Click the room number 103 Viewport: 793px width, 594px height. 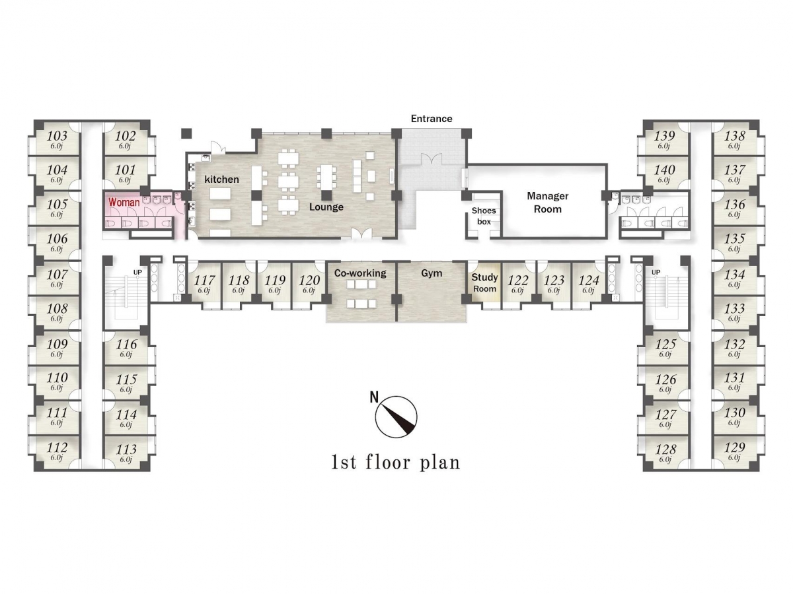click(x=57, y=135)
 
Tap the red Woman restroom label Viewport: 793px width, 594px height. click(x=124, y=203)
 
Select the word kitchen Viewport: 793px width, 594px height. click(x=221, y=180)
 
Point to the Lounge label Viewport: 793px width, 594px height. click(x=326, y=207)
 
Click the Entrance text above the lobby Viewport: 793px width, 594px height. click(x=432, y=119)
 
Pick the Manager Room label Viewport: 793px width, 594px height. click(x=547, y=203)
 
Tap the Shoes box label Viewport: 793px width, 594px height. click(x=484, y=216)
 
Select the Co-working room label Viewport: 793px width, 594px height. click(x=360, y=273)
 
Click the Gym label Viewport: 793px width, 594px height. click(x=432, y=273)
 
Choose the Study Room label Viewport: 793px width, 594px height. click(x=484, y=282)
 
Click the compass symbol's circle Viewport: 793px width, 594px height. click(x=396, y=417)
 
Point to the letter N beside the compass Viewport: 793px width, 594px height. click(x=374, y=397)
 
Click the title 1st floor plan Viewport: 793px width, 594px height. click(x=396, y=463)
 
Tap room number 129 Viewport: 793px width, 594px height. click(x=734, y=447)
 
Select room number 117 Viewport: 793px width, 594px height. click(x=204, y=280)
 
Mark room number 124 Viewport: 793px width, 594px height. click(x=589, y=280)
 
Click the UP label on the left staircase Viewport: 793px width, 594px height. click(x=137, y=272)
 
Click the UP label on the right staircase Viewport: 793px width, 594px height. click(x=656, y=272)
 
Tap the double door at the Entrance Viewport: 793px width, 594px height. click(x=432, y=158)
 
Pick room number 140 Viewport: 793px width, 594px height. click(x=665, y=170)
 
